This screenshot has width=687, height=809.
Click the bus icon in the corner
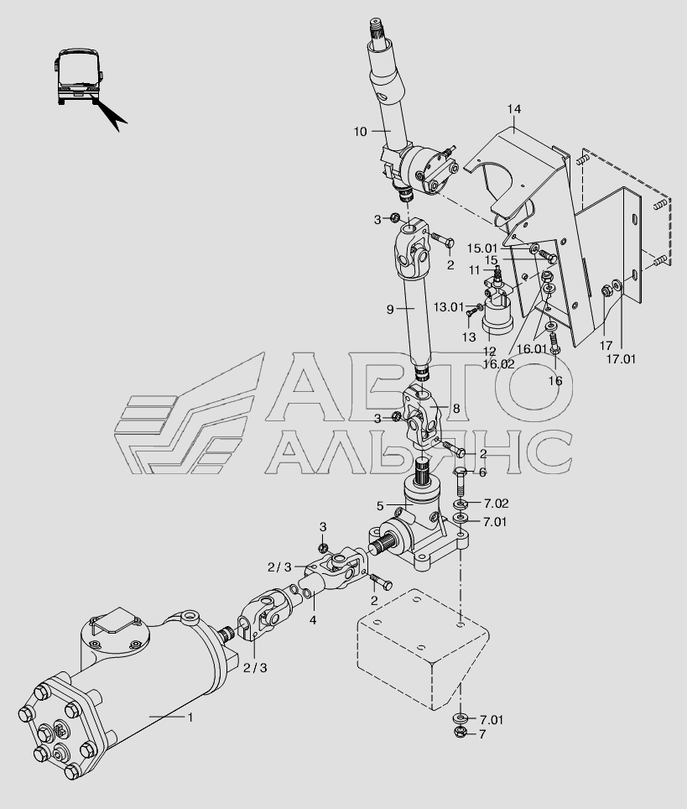[x=79, y=76]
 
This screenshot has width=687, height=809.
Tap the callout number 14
[x=514, y=110]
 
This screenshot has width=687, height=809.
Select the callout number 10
[x=360, y=131]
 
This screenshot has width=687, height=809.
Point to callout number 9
[x=390, y=309]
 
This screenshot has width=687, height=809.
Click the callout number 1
[x=190, y=717]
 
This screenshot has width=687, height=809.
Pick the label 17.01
[x=622, y=359]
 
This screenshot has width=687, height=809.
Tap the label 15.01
[x=481, y=248]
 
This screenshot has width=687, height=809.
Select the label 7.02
[x=495, y=503]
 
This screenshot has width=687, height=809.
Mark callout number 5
[x=380, y=506]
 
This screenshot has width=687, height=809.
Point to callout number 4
[x=313, y=620]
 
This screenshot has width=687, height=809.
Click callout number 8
[x=456, y=409]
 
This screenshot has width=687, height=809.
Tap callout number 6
[x=482, y=472]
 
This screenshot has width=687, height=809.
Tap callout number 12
[x=490, y=351]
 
